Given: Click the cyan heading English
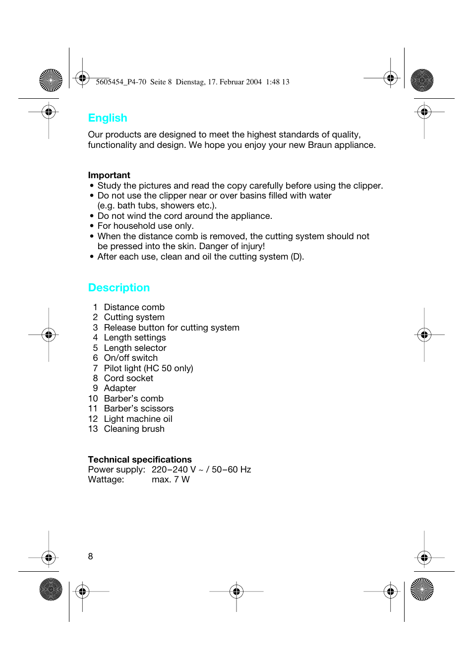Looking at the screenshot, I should click(108, 118).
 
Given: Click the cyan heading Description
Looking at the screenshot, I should click(119, 288).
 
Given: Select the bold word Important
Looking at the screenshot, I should click(109, 175).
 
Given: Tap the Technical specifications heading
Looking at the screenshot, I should click(140, 460).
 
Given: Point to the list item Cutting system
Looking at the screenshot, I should click(134, 317).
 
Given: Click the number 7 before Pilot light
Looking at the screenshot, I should click(95, 368).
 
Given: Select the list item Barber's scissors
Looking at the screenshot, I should click(138, 408).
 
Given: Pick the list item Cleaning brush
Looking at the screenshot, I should click(134, 429).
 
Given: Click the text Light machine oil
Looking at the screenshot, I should click(138, 419).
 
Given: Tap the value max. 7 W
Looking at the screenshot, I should click(171, 479).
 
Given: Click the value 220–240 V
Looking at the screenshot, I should click(174, 470).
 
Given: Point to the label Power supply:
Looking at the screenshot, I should click(117, 470).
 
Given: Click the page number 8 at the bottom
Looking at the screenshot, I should click(90, 556).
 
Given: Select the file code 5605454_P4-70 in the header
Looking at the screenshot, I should click(121, 82).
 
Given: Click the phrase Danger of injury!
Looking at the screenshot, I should click(232, 246).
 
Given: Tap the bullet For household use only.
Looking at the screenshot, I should click(145, 226).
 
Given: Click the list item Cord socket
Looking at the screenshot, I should click(128, 378).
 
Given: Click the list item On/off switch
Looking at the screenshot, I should click(130, 358).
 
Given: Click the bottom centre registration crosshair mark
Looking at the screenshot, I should click(236, 591).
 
